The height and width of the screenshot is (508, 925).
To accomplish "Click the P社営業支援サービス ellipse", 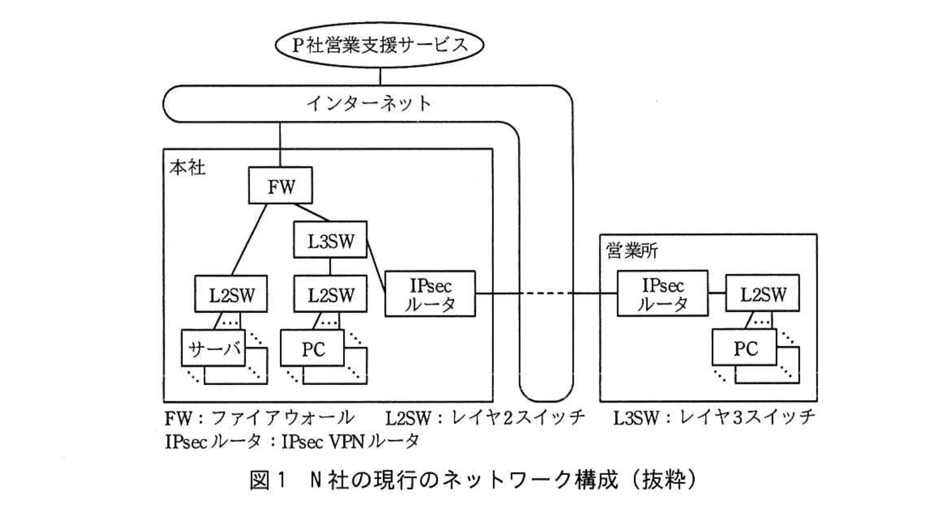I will coord(380,45).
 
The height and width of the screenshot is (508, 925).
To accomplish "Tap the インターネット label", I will coord(369,104).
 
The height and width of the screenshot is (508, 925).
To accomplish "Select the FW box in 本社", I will coord(280,186).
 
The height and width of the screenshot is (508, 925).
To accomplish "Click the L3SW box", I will coord(330,240).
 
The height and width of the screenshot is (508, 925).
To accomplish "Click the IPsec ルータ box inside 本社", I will coord(430,294).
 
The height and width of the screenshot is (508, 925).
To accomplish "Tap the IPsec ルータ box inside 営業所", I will coord(662,294).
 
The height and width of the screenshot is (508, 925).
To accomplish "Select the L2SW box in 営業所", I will coord(762,293).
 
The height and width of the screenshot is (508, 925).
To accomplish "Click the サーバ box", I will coord(214,349).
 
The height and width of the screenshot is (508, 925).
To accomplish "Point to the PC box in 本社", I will coord(312,349).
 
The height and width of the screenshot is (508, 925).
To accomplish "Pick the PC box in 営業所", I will coord(745,348).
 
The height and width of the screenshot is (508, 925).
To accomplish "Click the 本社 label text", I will coord(187,168).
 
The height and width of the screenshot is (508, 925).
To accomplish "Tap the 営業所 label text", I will coord(632,251).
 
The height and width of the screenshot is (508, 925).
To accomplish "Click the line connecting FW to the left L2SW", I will coord(250,240).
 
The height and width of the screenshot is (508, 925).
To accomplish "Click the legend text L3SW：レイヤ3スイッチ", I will coord(714,418).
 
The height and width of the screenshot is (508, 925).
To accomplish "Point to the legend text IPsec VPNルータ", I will coord(350,442).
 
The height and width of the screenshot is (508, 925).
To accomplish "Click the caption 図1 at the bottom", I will coord(268,480).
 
